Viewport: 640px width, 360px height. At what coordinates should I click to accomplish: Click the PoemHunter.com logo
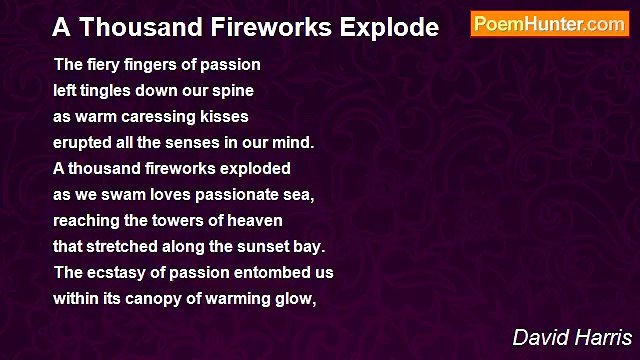(549, 24)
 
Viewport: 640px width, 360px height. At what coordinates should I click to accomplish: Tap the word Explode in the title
(387, 28)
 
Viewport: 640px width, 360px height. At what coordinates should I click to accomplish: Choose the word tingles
(111, 91)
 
